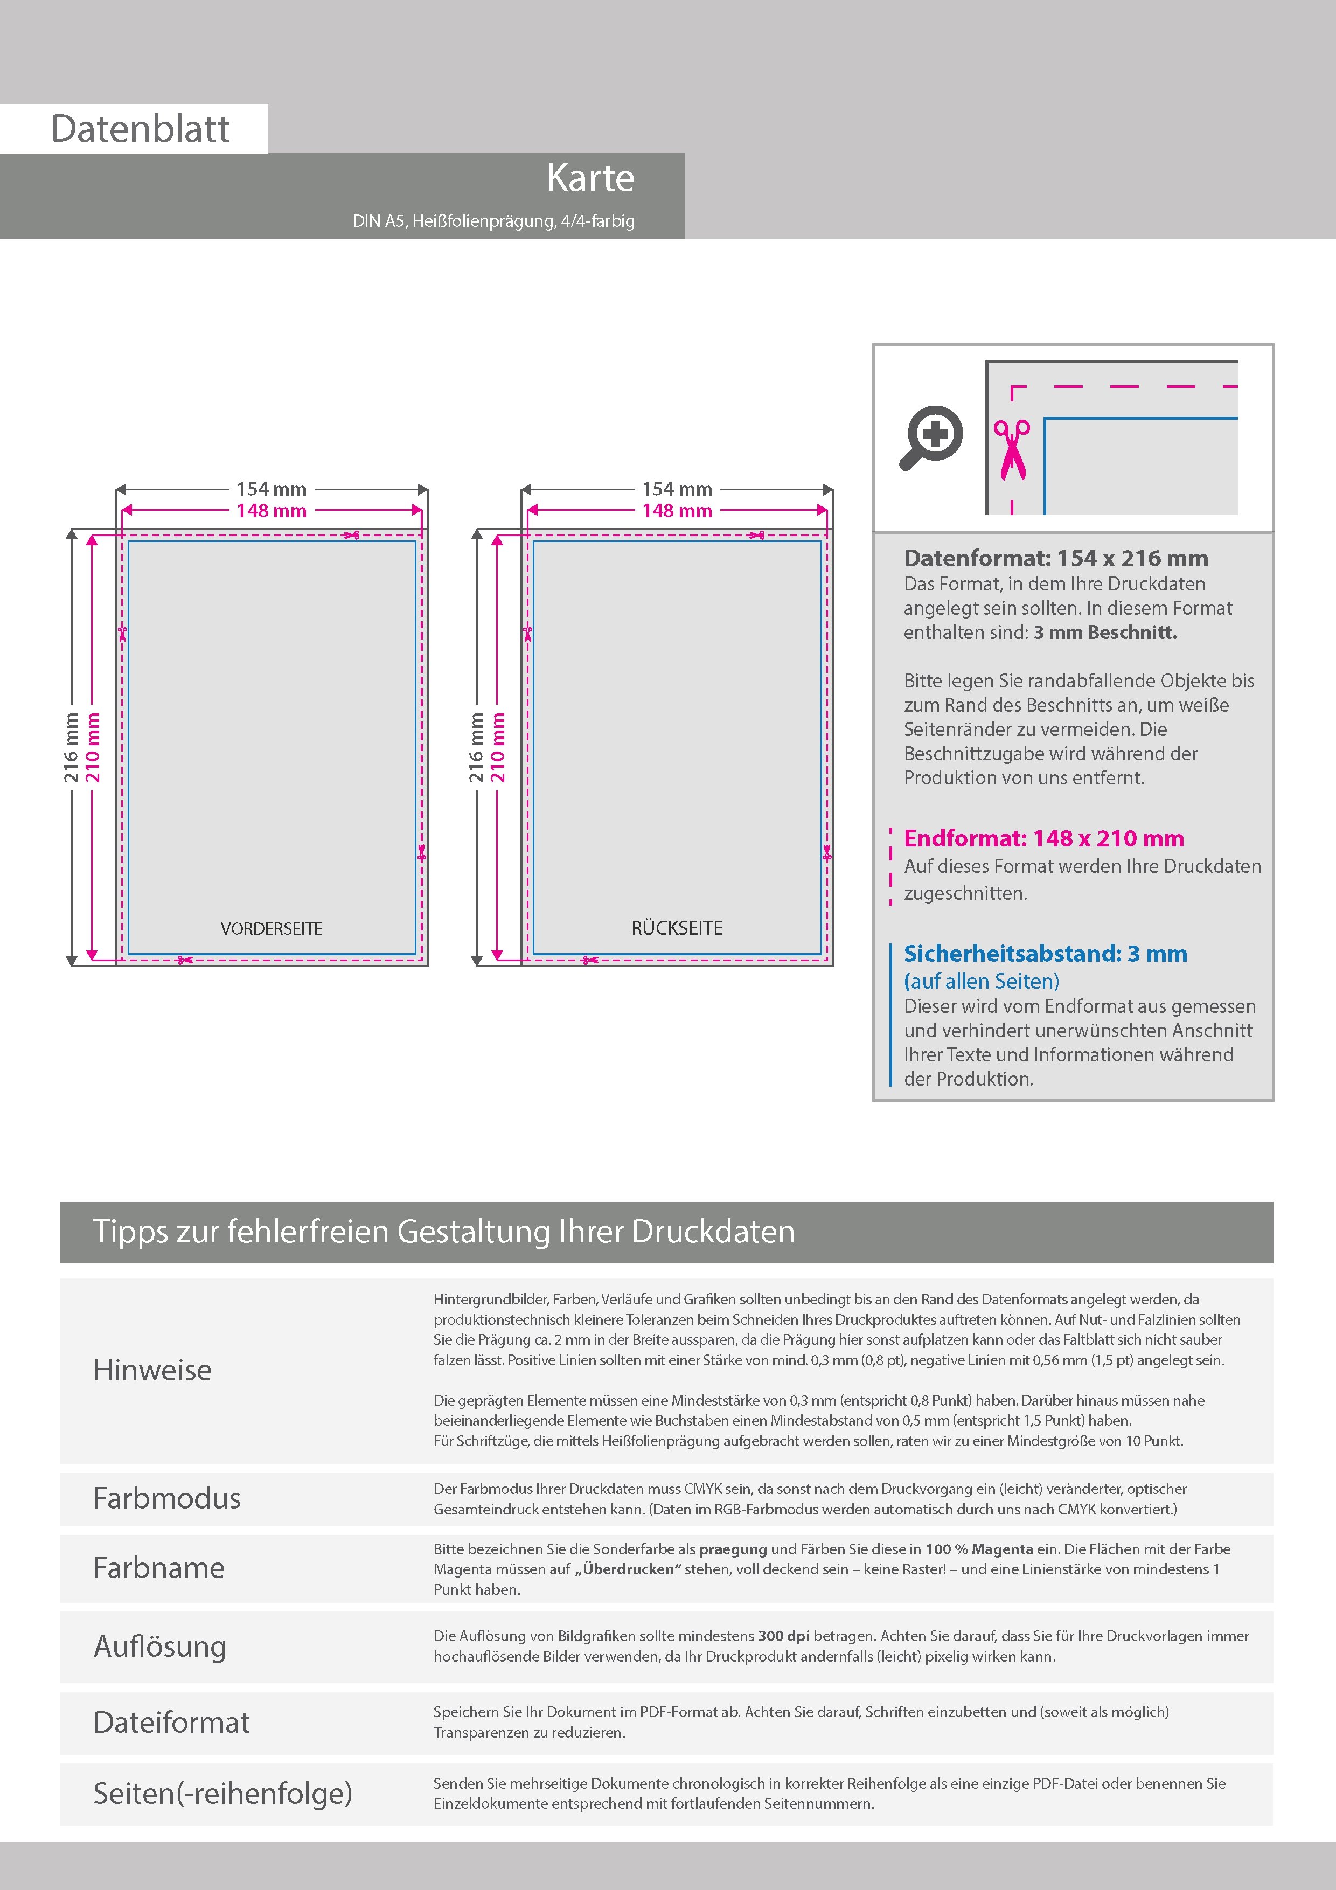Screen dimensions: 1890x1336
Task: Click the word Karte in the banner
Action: point(590,178)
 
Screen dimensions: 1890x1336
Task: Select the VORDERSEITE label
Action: point(272,928)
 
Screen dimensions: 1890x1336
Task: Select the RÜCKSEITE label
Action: point(677,928)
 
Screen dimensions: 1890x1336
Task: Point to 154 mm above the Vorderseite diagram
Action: point(272,489)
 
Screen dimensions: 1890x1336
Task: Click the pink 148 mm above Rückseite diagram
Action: point(677,511)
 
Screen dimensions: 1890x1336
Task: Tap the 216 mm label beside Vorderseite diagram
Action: point(72,747)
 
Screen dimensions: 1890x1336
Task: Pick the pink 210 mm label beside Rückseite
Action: point(498,747)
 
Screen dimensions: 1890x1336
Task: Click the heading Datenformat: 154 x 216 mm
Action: point(1056,558)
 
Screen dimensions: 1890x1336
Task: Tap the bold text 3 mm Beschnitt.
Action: point(1105,632)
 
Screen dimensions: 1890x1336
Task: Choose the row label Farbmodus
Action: point(167,1498)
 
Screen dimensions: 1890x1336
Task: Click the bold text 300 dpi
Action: point(783,1636)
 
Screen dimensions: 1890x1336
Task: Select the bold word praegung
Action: point(733,1548)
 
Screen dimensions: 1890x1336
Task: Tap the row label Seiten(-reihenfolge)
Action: point(222,1793)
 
